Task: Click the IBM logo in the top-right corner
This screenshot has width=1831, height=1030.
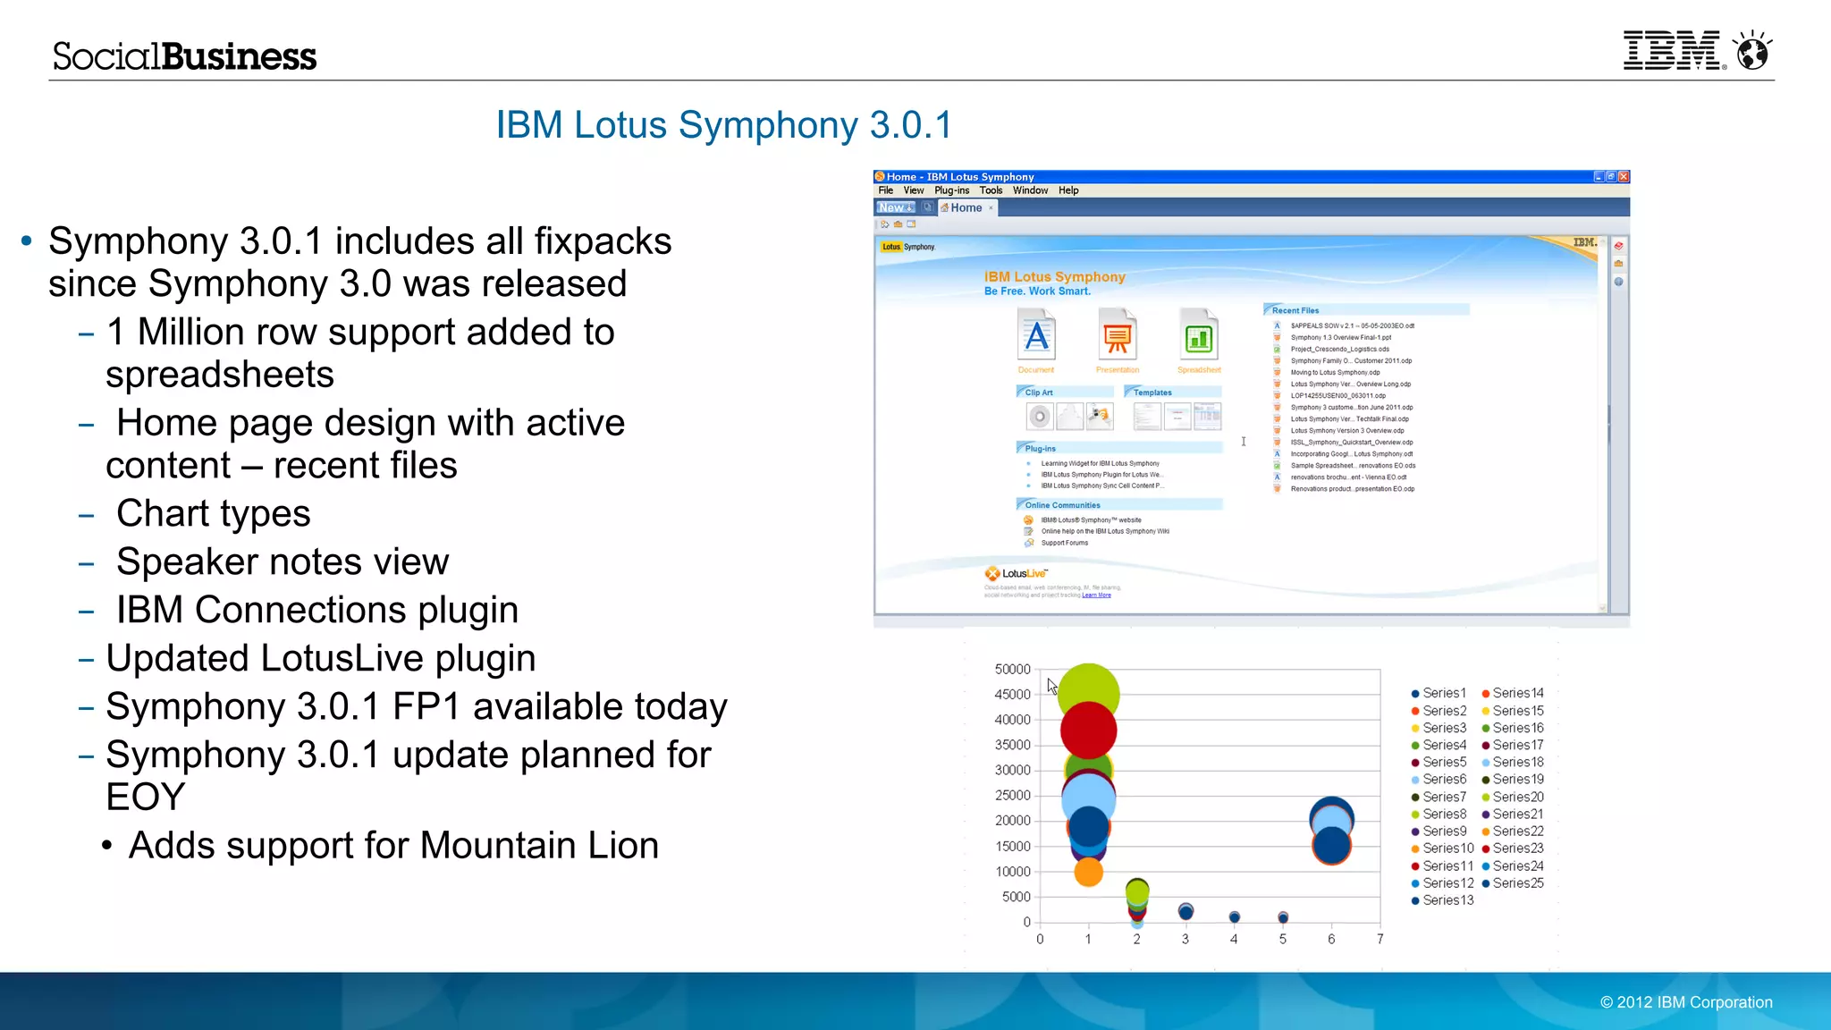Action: click(1670, 51)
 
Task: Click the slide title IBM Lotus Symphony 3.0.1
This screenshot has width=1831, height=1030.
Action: click(724, 125)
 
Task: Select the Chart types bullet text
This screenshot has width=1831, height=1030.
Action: click(213, 513)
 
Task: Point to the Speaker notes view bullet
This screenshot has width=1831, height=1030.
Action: click(282, 561)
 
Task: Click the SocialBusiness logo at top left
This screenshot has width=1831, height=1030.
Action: click(184, 56)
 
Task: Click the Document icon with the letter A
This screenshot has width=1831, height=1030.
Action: click(1036, 336)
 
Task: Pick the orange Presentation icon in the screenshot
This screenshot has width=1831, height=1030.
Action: click(1117, 336)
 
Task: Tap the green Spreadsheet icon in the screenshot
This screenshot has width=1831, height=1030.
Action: click(1198, 336)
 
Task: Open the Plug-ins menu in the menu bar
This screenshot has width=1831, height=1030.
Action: click(951, 190)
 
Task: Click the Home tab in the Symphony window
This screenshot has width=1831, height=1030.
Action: click(966, 207)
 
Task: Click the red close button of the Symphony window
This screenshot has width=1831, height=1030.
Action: click(1624, 177)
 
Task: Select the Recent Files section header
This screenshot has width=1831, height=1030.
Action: click(1295, 310)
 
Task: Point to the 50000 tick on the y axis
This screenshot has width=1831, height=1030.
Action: click(1012, 669)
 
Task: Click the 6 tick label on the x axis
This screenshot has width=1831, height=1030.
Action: click(1331, 939)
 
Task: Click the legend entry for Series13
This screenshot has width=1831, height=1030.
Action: click(1447, 900)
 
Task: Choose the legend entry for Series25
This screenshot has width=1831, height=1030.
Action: click(1517, 883)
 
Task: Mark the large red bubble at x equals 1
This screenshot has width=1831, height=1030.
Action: click(1088, 730)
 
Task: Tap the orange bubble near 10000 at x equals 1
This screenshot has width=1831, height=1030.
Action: click(1088, 872)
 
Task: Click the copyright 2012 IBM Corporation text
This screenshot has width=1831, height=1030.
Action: click(1686, 1002)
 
